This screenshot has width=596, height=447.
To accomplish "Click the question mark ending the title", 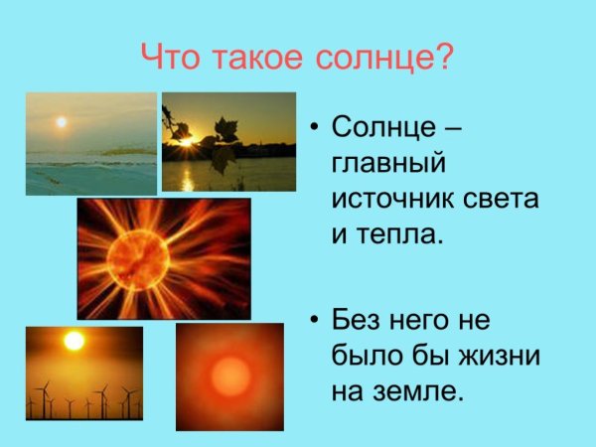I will (x=443, y=57).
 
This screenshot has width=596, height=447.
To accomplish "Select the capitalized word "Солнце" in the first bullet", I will (x=382, y=128).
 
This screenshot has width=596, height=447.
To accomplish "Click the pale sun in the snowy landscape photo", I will (x=61, y=122).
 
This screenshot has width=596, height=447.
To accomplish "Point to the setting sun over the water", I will (x=187, y=144).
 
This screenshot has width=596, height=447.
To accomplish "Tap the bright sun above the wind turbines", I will (x=74, y=341).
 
